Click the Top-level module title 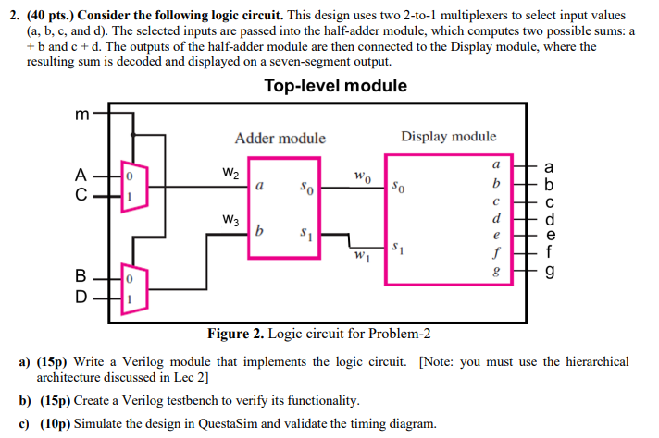click(335, 86)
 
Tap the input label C click(82, 196)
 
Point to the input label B click(82, 275)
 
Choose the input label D click(82, 297)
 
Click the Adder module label click(280, 139)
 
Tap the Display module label click(448, 137)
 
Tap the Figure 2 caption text click(319, 334)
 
